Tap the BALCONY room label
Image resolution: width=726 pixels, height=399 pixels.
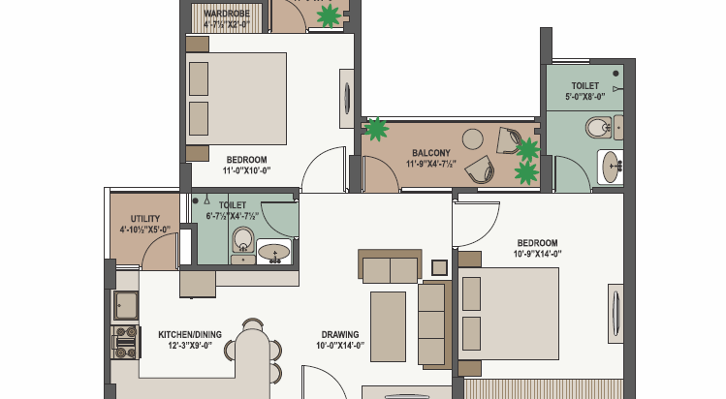(430, 153)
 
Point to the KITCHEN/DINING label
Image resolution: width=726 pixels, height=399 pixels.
(190, 335)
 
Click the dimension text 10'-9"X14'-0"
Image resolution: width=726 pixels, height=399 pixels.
(536, 254)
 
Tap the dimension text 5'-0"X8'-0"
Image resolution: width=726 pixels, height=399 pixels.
(585, 97)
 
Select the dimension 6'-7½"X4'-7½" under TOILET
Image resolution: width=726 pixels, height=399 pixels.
(233, 217)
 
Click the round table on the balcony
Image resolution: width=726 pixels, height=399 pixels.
(473, 139)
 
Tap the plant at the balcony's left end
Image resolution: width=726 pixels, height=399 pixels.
(375, 129)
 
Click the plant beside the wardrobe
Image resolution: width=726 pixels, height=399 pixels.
(330, 15)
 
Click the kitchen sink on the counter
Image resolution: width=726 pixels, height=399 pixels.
(126, 306)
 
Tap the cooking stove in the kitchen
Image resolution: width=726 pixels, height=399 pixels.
(125, 339)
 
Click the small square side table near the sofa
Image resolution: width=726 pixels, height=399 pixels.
(439, 266)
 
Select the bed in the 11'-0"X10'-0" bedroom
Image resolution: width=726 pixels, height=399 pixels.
(236, 97)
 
